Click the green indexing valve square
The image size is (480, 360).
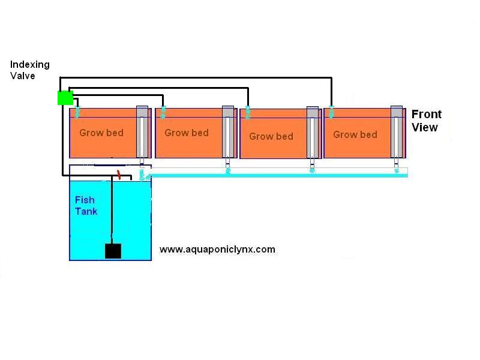click(65, 98)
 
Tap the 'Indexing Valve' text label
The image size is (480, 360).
click(30, 70)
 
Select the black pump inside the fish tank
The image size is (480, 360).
click(113, 251)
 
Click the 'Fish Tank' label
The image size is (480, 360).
click(86, 206)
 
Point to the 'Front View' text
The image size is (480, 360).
click(426, 121)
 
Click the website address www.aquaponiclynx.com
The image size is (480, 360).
click(217, 249)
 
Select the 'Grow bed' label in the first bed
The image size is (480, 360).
click(101, 133)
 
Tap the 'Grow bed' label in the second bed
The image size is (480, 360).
click(186, 133)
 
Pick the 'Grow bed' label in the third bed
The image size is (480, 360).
click(271, 136)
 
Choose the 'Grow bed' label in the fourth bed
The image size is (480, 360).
click(355, 134)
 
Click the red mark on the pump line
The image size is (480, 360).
click(119, 175)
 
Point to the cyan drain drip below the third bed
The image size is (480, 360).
click(312, 170)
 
